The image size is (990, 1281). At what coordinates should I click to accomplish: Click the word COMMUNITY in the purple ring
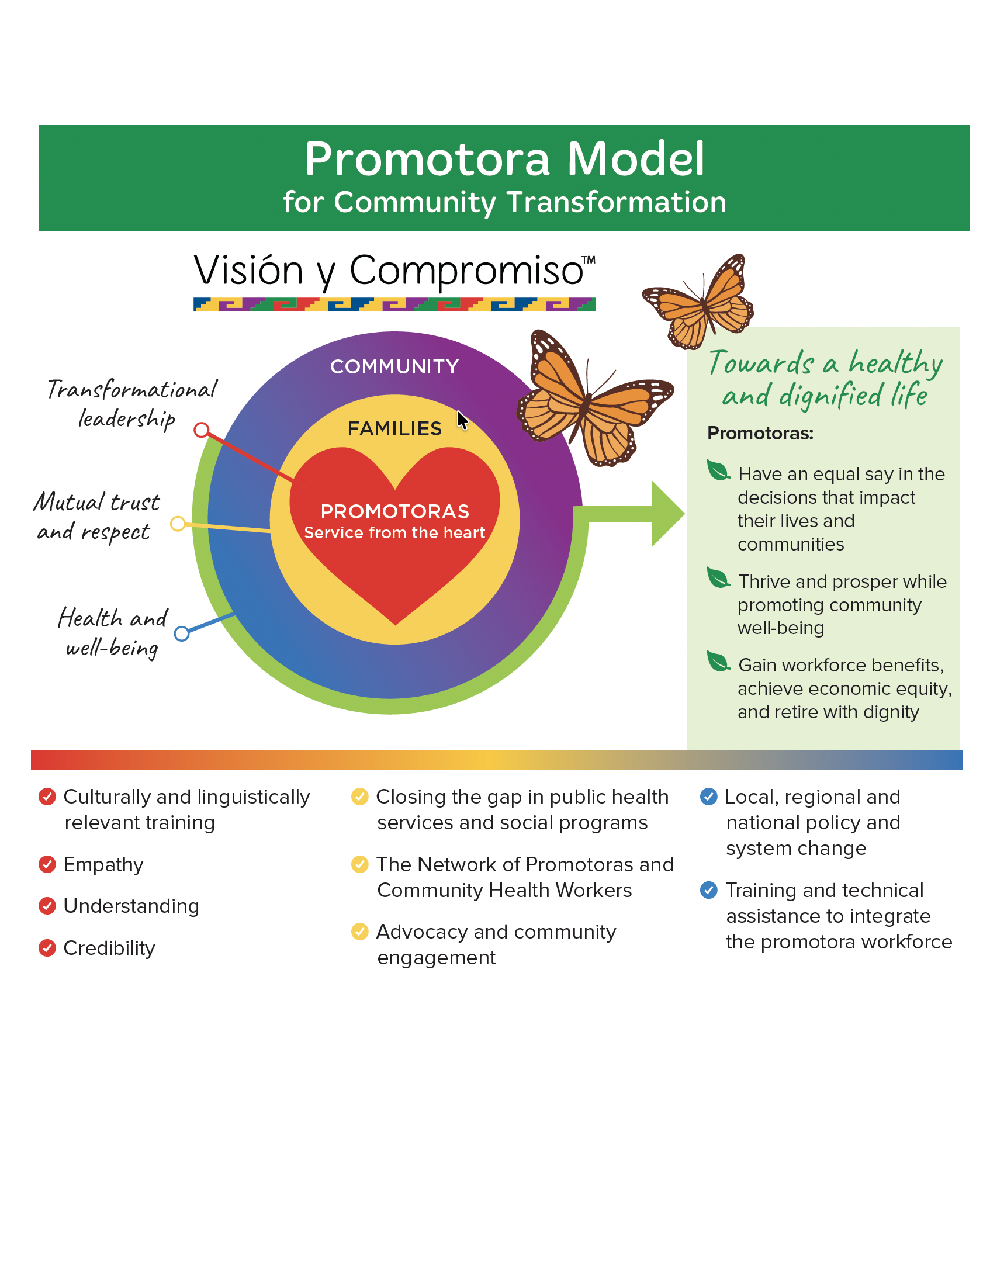click(394, 366)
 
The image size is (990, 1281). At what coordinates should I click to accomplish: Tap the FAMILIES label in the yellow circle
click(394, 429)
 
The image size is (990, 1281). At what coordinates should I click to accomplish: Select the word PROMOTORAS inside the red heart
click(394, 511)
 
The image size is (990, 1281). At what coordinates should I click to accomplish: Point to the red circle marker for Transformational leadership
click(201, 430)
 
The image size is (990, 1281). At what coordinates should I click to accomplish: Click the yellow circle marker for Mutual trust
click(178, 523)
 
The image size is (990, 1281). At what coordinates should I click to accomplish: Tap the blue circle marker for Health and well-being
click(182, 633)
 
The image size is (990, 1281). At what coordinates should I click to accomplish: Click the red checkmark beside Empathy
click(47, 864)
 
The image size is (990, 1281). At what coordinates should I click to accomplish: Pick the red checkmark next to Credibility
click(47, 948)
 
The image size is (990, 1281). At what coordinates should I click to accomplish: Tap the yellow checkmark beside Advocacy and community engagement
click(359, 932)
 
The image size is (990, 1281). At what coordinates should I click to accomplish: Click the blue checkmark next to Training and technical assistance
click(708, 890)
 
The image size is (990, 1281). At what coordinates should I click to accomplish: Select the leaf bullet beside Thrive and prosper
click(717, 579)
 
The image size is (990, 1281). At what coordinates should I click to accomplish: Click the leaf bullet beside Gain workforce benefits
click(717, 662)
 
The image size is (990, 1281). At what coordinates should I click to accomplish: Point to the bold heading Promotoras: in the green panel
click(760, 434)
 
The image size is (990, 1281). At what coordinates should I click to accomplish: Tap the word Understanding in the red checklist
click(131, 906)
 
